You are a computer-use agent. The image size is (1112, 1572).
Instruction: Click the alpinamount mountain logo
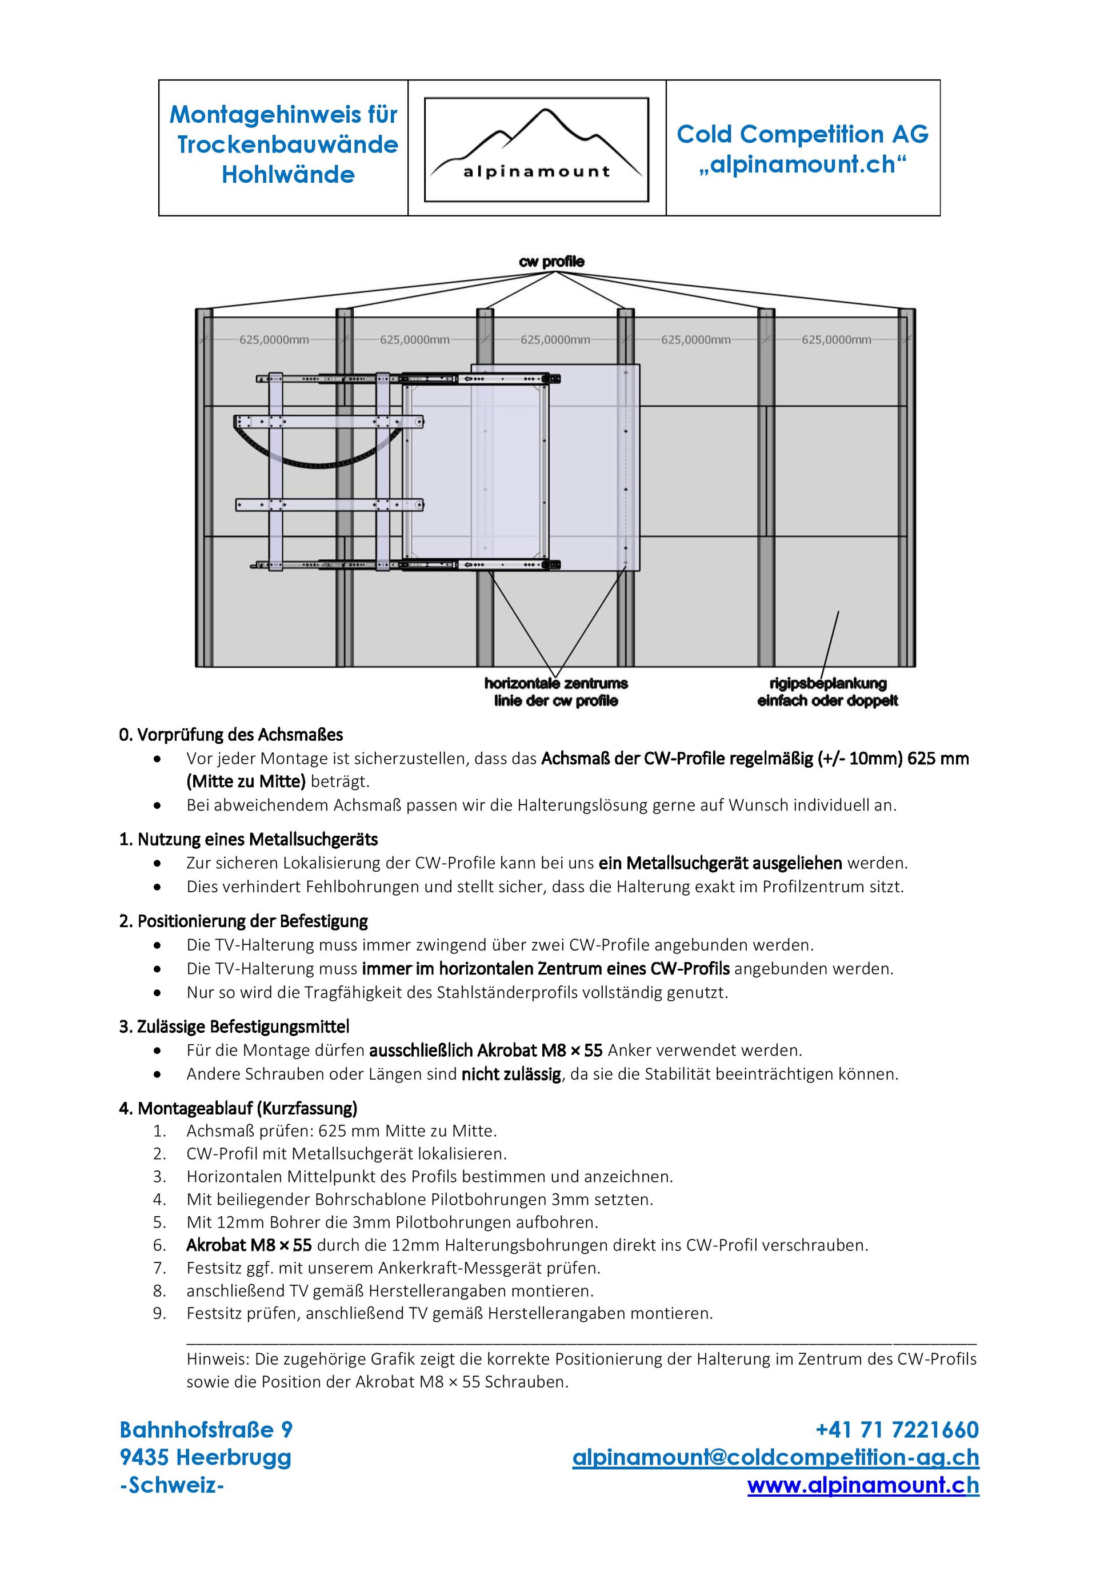point(536,149)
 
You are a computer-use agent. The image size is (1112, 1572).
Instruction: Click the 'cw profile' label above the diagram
point(551,262)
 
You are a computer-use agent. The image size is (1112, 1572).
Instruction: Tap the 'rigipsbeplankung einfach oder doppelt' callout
point(827,692)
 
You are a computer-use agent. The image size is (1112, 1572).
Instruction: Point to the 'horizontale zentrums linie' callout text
point(556,692)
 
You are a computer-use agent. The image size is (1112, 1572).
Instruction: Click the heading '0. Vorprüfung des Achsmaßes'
point(231,735)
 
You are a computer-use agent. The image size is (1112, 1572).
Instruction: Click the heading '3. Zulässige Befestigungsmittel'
point(234,1026)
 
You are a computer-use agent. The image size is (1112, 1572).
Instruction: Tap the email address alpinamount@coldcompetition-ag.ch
point(775,1457)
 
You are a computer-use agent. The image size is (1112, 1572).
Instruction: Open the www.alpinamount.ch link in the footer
point(863,1485)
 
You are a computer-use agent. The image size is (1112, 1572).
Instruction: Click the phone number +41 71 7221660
point(897,1430)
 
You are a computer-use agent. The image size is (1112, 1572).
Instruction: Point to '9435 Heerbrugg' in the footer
point(205,1457)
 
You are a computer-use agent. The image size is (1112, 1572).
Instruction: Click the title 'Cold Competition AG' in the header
point(802,134)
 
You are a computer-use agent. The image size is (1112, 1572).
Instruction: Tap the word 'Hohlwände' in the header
point(288,175)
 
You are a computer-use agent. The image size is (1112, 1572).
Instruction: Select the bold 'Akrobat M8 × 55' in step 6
point(249,1245)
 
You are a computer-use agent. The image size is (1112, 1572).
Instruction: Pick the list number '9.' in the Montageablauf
point(159,1313)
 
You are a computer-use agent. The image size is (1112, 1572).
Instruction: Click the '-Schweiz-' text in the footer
point(172,1485)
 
